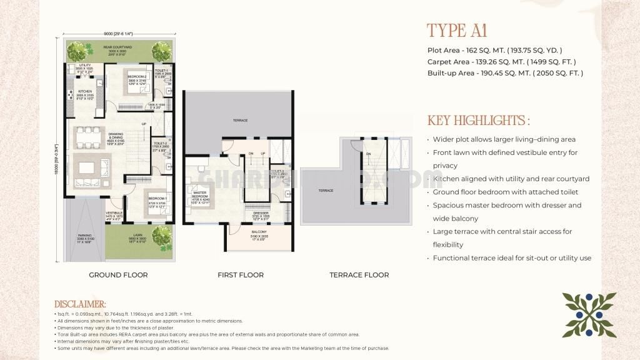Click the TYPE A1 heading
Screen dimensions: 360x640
pos(456,31)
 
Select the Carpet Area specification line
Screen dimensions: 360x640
pos(501,62)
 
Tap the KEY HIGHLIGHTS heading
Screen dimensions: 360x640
pos(479,121)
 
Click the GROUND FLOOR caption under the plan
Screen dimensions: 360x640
pos(118,275)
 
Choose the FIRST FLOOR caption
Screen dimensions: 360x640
pos(241,275)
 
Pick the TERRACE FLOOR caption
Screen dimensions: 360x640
pos(359,275)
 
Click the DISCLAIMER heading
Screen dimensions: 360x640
pos(80,304)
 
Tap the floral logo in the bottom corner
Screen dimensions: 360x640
pos(589,315)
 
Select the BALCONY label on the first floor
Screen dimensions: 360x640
pos(259,232)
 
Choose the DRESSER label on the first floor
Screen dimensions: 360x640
pos(261,213)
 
